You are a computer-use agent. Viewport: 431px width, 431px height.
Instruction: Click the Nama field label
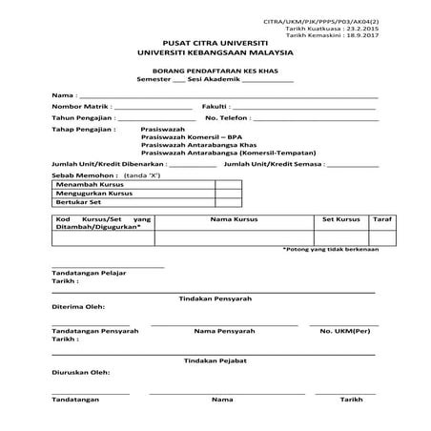[62, 96]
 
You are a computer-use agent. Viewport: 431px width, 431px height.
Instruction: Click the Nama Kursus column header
[232, 219]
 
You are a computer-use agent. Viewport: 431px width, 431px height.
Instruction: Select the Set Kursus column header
[339, 219]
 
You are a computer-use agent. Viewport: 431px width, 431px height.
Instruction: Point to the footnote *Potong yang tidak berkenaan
[331, 249]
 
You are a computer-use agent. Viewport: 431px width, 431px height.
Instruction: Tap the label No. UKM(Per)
[345, 331]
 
